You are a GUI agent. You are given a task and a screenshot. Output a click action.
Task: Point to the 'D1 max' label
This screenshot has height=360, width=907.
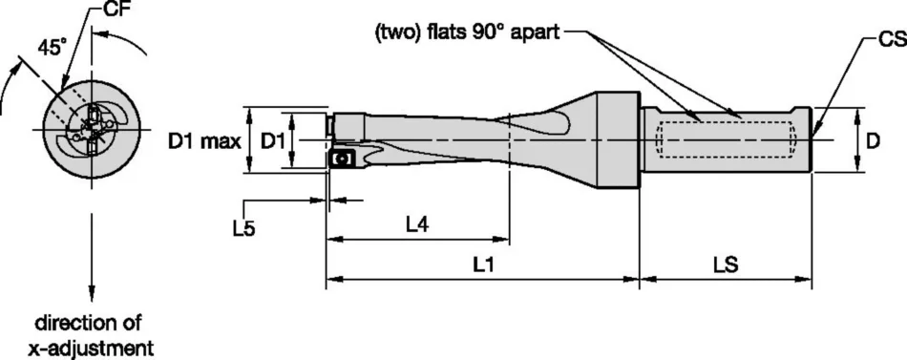coord(203,142)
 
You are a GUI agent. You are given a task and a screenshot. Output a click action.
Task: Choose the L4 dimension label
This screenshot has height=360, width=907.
coord(417,225)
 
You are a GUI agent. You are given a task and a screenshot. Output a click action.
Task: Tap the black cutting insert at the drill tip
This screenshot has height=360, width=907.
coord(341,159)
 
